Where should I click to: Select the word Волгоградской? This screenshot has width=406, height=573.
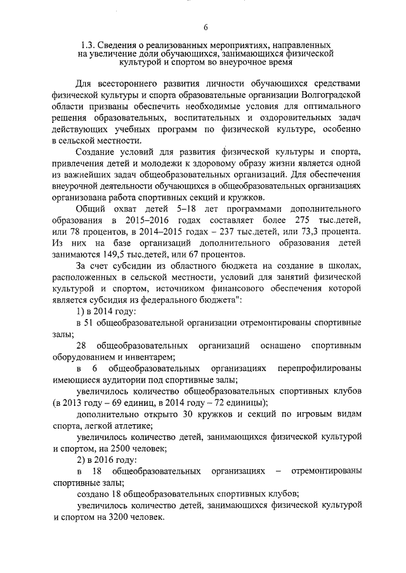(x=336, y=93)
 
